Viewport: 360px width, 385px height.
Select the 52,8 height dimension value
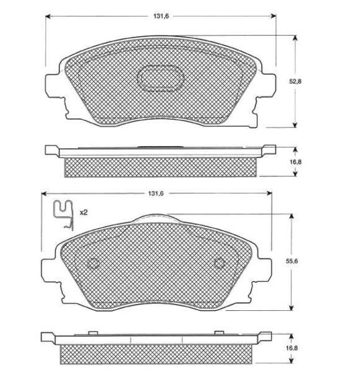tap(295, 82)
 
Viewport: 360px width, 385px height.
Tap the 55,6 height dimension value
tap(291, 261)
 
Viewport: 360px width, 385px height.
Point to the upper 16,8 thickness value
tap(295, 162)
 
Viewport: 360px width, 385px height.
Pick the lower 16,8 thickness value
tap(292, 348)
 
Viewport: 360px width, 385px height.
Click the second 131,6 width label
tap(155, 193)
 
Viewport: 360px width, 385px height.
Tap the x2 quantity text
tap(84, 213)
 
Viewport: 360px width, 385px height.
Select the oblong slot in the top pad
tap(160, 78)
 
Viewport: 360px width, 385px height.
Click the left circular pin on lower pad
tap(93, 263)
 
